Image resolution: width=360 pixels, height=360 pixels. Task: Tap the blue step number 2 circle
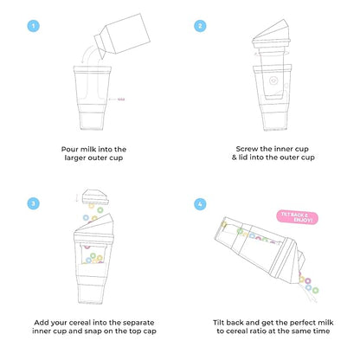click(x=200, y=26)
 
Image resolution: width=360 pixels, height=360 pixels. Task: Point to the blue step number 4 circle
click(x=200, y=203)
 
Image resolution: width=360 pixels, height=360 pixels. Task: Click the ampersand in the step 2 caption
click(x=238, y=159)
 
